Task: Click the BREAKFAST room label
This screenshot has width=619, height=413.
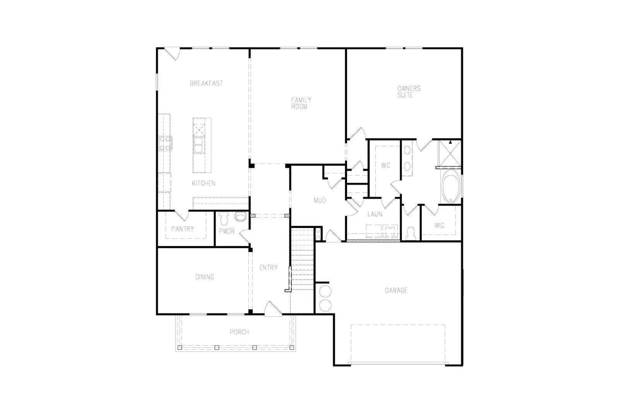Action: click(x=206, y=83)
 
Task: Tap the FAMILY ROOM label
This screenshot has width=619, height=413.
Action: click(x=301, y=103)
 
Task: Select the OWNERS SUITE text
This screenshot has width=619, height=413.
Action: click(x=409, y=92)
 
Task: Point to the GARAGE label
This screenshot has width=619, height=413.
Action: click(x=396, y=290)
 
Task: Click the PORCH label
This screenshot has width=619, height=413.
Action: click(x=239, y=332)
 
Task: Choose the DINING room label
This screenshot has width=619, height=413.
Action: click(x=205, y=277)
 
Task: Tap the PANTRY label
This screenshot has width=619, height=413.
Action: click(x=182, y=229)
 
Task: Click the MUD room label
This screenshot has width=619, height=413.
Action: click(x=320, y=201)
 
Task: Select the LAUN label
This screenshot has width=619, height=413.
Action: click(x=375, y=214)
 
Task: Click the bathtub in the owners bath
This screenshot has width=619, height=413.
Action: click(x=450, y=186)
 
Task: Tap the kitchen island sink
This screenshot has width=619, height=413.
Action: click(x=199, y=145)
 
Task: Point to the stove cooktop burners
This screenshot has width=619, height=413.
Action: click(x=165, y=144)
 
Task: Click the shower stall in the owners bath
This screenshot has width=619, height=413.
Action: click(x=450, y=153)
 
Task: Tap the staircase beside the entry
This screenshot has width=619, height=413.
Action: click(x=303, y=259)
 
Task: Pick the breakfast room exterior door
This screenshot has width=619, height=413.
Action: click(x=172, y=54)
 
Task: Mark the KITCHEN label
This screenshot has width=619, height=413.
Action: click(x=203, y=183)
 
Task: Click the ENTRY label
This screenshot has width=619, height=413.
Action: click(x=268, y=267)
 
